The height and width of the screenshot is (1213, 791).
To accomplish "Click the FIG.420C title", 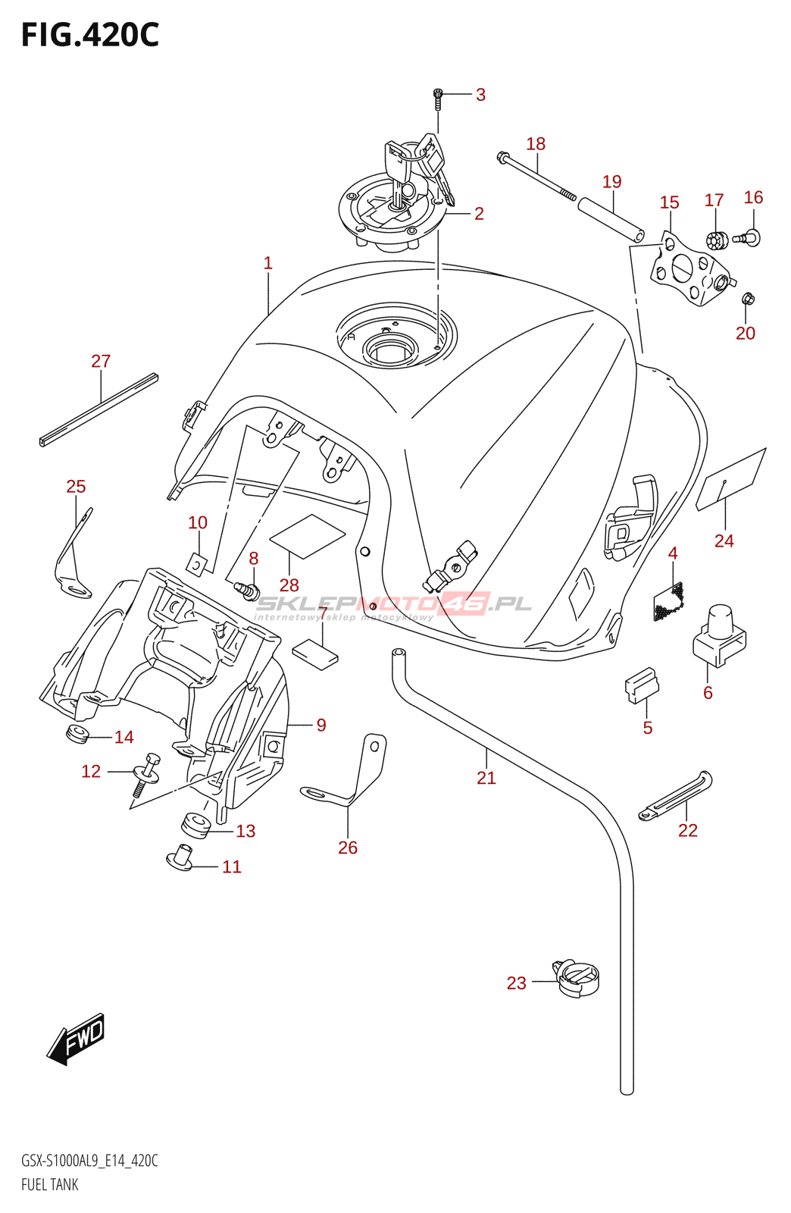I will pyautogui.click(x=90, y=35).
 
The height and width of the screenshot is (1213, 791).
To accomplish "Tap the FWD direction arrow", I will pyautogui.click(x=77, y=1038).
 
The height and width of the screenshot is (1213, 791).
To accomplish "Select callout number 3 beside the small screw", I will pyautogui.click(x=480, y=95).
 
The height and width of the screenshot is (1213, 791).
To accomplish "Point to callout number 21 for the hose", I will pyautogui.click(x=486, y=777).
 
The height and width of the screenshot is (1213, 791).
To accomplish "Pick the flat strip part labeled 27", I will pyautogui.click(x=98, y=409).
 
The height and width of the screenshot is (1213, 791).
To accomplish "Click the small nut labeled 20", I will pyautogui.click(x=747, y=299).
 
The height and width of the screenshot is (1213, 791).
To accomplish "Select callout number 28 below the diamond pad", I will pyautogui.click(x=289, y=585).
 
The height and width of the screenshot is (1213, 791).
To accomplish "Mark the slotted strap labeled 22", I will pyautogui.click(x=676, y=796).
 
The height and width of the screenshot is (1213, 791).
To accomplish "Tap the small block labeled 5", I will pyautogui.click(x=641, y=685).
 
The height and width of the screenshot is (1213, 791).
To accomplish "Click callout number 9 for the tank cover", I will pyautogui.click(x=321, y=726).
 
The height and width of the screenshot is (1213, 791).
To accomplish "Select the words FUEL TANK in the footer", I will pyautogui.click(x=50, y=1184).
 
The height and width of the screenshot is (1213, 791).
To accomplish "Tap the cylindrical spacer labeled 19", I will pyautogui.click(x=611, y=220).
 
